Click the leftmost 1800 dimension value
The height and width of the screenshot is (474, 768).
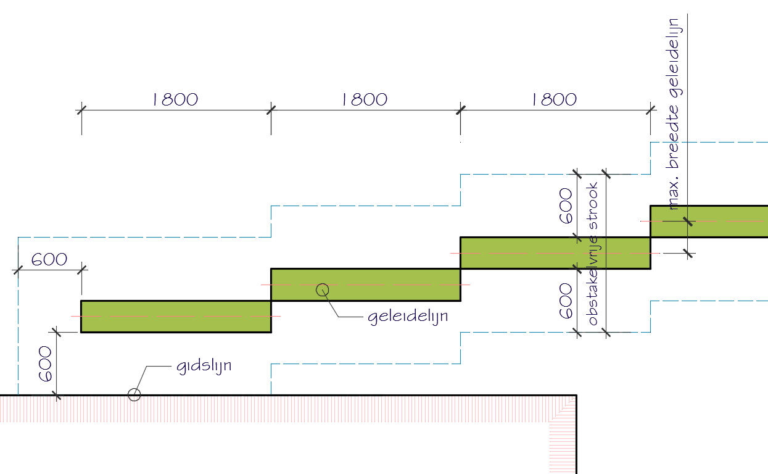175,99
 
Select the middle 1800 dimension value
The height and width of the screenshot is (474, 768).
365,99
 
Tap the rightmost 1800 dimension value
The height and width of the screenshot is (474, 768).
555,99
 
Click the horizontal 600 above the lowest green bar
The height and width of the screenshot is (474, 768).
49,259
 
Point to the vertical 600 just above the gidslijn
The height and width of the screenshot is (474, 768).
45,364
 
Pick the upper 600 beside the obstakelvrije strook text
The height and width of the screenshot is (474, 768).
566,206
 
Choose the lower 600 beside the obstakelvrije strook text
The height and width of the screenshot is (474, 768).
566,301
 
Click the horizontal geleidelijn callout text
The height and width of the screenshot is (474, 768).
408,317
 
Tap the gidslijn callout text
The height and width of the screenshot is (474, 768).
204,367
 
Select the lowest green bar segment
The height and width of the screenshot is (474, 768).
176,317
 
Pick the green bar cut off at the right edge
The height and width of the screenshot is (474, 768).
709,221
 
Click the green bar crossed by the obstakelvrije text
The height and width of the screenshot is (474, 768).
555,253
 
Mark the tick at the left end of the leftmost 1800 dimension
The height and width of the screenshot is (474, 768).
81,110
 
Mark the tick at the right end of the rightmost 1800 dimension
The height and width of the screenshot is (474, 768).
650,110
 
